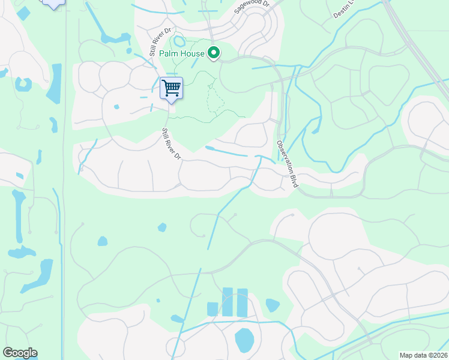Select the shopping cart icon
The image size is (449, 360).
point(172,88)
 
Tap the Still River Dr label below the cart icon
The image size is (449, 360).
point(171,144)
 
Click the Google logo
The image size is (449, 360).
point(20,353)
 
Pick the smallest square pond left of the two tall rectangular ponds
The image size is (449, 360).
point(212,309)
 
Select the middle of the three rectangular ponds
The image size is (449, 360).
point(228,302)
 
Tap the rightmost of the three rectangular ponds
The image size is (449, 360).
point(242,302)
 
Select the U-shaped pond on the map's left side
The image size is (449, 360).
point(24,84)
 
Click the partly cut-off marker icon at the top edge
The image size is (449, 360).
point(54,4)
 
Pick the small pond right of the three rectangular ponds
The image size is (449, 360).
point(272,305)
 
